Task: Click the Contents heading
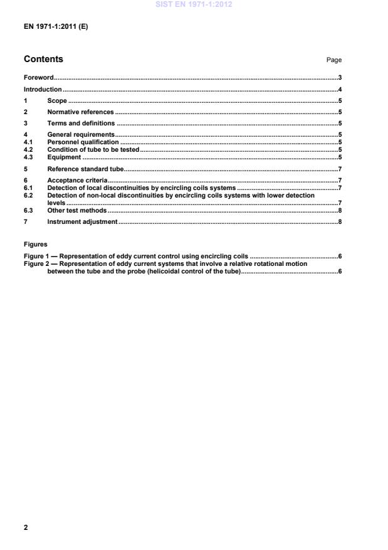[x=43, y=60]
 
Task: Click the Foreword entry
[x=38, y=78]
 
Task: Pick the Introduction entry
[x=43, y=90]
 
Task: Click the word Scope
[x=57, y=100]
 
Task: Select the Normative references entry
[x=80, y=112]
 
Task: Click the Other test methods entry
[x=77, y=210]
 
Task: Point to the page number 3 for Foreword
[x=339, y=78]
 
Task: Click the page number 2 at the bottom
[x=26, y=527]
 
